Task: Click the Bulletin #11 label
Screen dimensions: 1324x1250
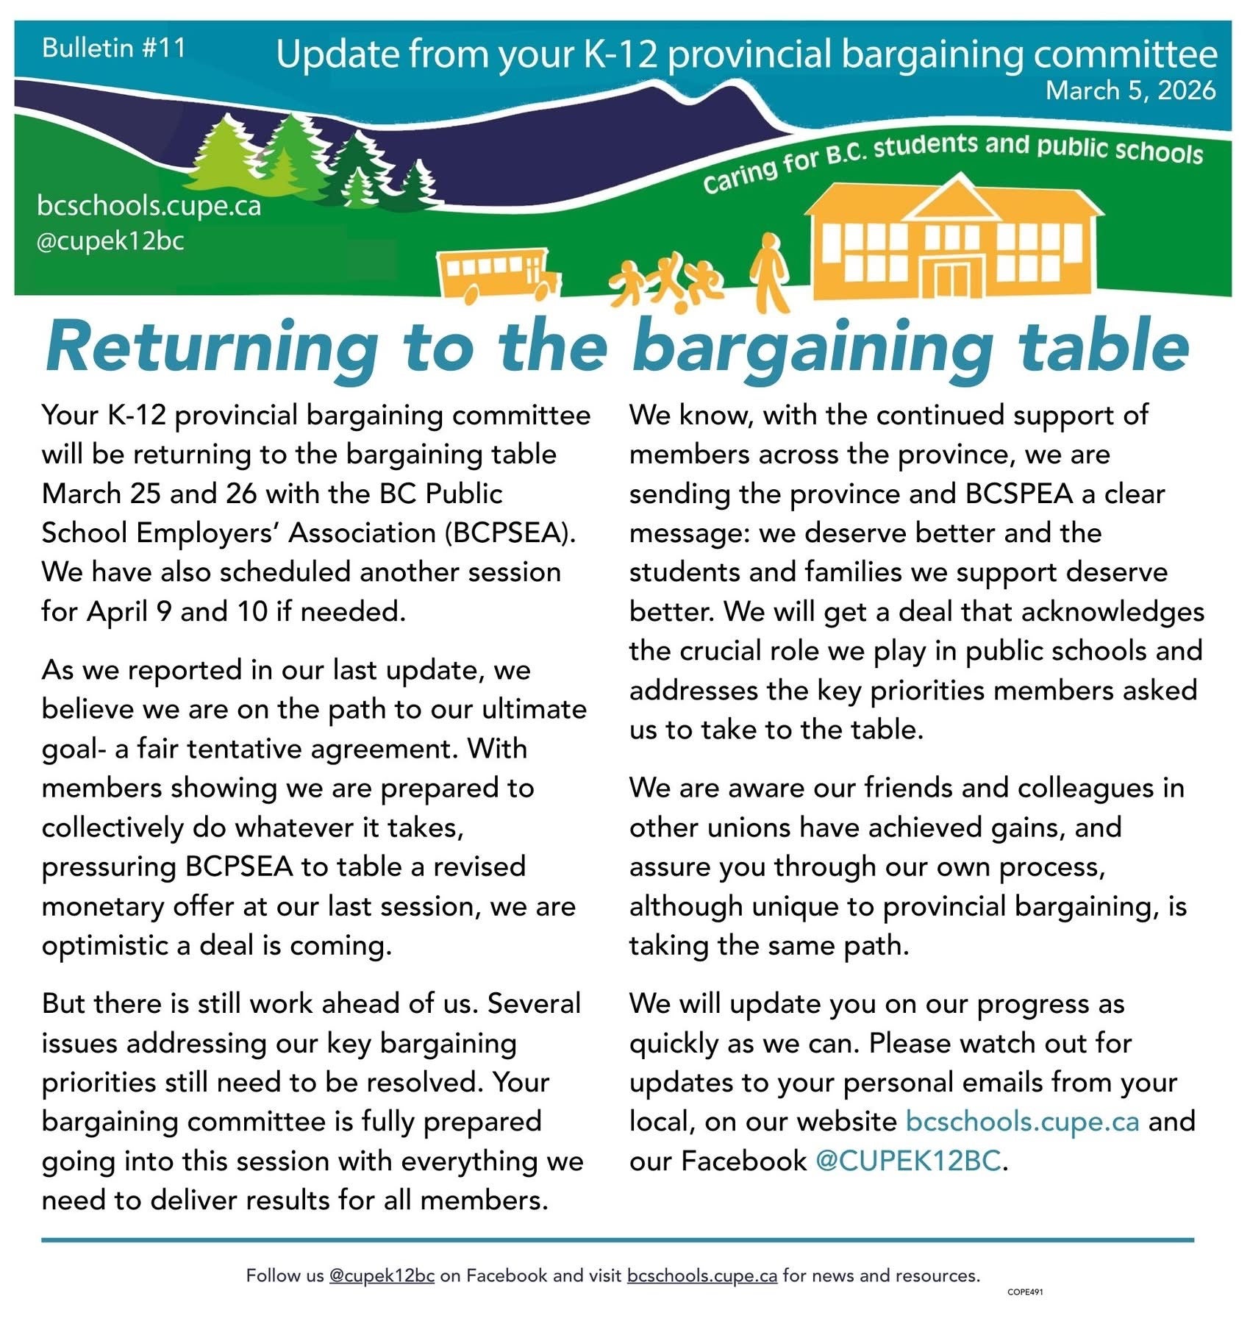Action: (114, 48)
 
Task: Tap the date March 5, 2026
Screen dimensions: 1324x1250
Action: (1130, 90)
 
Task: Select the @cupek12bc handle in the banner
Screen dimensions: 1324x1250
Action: (110, 241)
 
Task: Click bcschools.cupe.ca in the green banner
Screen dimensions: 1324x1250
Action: (149, 206)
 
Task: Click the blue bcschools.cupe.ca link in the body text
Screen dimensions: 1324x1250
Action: (1022, 1122)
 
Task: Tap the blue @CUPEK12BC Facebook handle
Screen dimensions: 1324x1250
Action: (908, 1161)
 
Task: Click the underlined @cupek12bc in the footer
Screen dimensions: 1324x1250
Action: (382, 1275)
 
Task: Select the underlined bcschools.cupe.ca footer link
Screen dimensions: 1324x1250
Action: (701, 1275)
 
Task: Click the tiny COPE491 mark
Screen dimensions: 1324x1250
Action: (1025, 1292)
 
